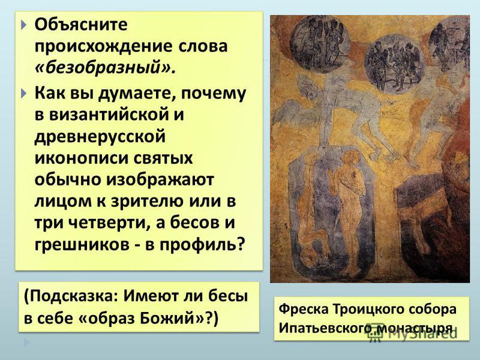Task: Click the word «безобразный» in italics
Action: [106, 68]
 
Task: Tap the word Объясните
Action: [81, 24]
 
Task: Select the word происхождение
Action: [103, 47]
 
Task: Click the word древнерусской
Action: [100, 137]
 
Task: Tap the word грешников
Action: [82, 245]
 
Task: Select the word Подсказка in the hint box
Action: [73, 296]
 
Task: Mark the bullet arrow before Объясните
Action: [25, 25]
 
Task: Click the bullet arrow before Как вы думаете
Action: [25, 93]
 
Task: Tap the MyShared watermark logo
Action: [412, 332]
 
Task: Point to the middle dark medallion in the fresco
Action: [395, 65]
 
